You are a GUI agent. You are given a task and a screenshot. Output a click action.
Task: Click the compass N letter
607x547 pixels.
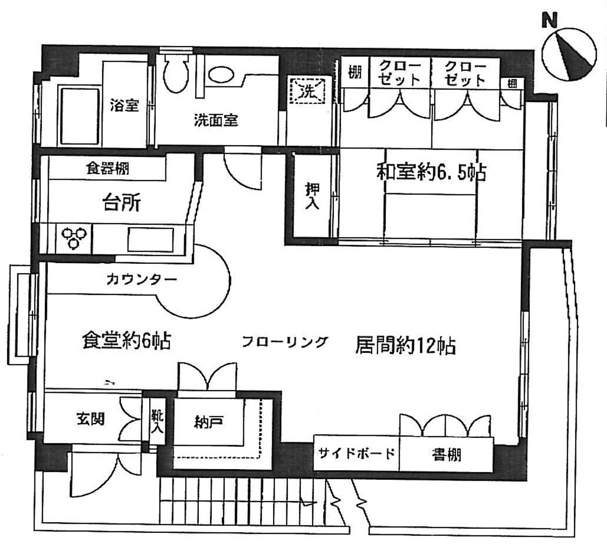pyautogui.click(x=549, y=20)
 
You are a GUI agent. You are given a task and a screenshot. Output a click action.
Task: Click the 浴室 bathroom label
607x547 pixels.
pyautogui.click(x=124, y=106)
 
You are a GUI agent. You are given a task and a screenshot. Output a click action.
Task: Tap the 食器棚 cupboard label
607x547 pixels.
pyautogui.click(x=107, y=168)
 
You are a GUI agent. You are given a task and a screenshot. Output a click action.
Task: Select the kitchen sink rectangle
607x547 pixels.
pyautogui.click(x=150, y=239)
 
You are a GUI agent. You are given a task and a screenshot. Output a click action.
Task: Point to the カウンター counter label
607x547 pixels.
pyautogui.click(x=142, y=279)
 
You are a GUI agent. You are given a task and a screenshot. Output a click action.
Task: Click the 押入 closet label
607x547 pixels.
pyautogui.click(x=312, y=196)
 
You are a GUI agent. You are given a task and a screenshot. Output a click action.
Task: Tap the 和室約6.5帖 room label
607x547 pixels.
pyautogui.click(x=431, y=173)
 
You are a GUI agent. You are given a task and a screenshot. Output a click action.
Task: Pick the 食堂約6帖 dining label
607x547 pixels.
pyautogui.click(x=126, y=342)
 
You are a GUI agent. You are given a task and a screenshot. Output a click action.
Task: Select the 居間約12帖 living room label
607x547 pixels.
pyautogui.click(x=406, y=346)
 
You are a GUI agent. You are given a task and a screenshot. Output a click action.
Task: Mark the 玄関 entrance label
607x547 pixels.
pyautogui.click(x=91, y=418)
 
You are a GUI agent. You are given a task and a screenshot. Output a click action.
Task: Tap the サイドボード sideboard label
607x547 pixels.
pyautogui.click(x=356, y=453)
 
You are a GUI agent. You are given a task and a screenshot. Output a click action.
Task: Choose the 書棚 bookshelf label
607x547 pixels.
pyautogui.click(x=446, y=455)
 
